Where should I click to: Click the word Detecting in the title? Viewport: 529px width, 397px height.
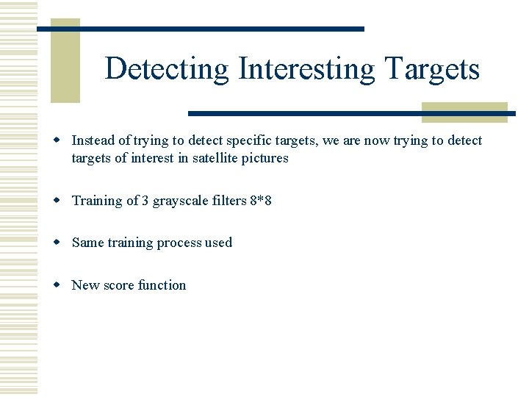point(167,69)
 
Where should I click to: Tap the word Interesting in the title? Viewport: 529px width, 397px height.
point(307,69)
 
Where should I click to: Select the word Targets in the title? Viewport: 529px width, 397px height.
point(432,69)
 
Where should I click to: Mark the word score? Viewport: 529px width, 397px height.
point(118,285)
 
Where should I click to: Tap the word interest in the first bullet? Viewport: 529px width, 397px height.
point(151,158)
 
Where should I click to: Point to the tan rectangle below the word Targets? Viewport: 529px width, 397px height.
point(464,112)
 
